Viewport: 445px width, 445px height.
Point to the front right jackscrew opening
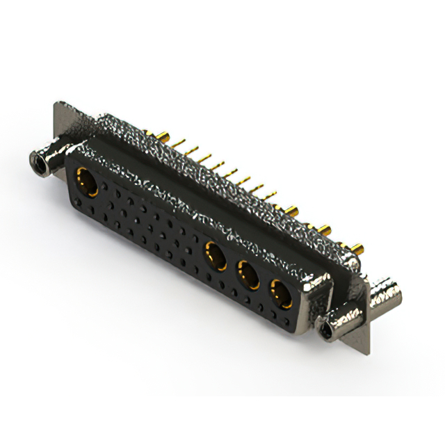(x=327, y=327)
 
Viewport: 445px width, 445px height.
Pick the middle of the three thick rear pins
(x=324, y=227)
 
